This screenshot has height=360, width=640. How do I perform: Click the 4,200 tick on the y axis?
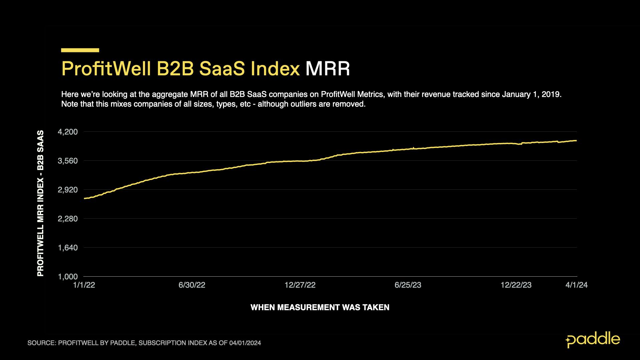coord(68,132)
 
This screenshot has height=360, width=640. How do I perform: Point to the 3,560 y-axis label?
coord(68,161)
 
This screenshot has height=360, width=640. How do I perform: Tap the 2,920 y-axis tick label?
coord(68,190)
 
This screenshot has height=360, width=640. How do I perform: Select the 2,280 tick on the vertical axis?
coord(68,219)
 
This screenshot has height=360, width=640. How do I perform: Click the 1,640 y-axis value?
coord(68,248)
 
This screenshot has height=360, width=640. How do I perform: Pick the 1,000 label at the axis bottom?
coord(68,277)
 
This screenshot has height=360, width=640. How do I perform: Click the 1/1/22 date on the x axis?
coord(84,285)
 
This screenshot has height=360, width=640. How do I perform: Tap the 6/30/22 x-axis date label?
coord(192,285)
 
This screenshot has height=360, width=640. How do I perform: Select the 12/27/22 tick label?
coord(300,285)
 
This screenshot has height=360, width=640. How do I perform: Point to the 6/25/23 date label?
coord(408,285)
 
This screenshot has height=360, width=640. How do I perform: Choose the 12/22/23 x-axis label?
coord(516,285)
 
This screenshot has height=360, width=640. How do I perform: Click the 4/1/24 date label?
coord(576,285)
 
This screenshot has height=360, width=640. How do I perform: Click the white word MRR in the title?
coord(328,69)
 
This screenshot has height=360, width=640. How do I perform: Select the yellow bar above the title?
coord(80,50)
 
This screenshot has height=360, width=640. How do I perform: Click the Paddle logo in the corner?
coord(593,340)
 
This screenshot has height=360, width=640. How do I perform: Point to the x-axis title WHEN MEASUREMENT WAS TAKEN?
coord(320,307)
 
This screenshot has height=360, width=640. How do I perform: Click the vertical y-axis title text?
coord(40,203)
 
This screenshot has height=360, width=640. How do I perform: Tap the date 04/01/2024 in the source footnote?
coord(245,343)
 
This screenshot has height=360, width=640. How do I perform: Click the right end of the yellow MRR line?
coord(576,141)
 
